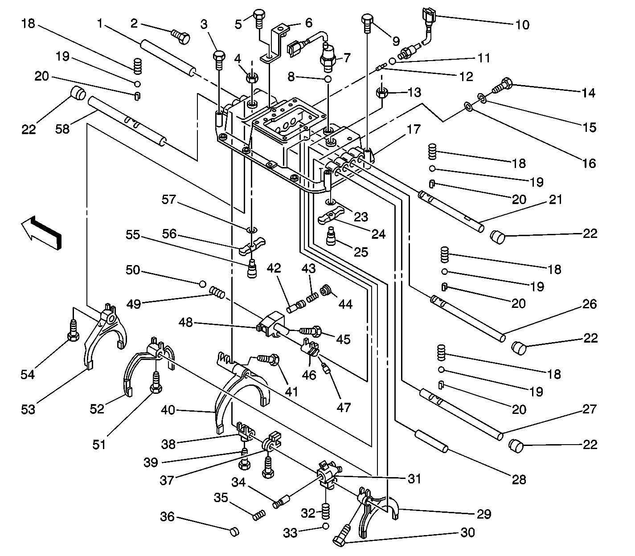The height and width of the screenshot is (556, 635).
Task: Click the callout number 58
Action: (62, 129)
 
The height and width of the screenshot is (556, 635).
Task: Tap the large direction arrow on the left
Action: (41, 233)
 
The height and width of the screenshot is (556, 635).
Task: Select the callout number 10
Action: (522, 25)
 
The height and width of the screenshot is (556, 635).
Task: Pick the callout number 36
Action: (167, 517)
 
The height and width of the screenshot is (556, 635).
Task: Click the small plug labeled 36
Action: (234, 532)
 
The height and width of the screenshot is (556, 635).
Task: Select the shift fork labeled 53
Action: (106, 335)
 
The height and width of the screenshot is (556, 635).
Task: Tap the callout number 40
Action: (168, 410)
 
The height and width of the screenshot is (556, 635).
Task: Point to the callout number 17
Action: (414, 129)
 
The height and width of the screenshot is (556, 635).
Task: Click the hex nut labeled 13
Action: (381, 93)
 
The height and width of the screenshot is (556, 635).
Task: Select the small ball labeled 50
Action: (202, 284)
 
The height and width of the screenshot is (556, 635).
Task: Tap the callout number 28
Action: (519, 480)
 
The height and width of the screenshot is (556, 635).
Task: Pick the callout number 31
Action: (414, 478)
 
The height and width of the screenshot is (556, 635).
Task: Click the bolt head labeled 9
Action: (367, 19)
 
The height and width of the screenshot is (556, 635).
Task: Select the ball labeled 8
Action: (328, 79)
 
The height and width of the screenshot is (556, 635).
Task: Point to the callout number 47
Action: (343, 407)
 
